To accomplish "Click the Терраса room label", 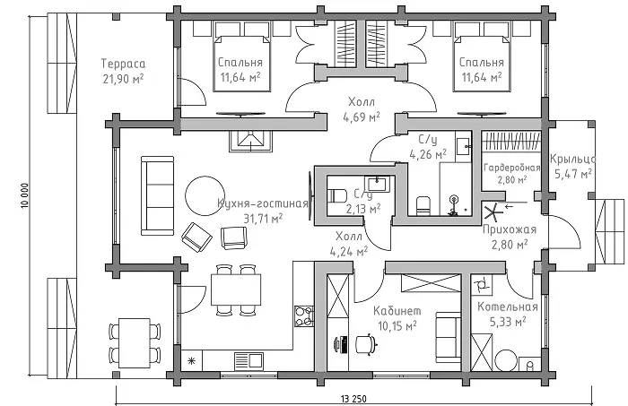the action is point(123,64).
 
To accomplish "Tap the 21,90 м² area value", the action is point(123,79).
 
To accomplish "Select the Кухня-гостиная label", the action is point(263,203).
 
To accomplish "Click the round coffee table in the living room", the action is point(205,195).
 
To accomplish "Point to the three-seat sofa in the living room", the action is point(157,195).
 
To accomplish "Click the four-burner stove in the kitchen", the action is point(304,316).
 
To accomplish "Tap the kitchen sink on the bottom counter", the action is point(249,360).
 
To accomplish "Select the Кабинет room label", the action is point(397,311).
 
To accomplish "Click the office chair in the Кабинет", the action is point(365,344).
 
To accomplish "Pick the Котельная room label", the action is point(508,307).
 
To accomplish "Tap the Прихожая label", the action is point(509,229).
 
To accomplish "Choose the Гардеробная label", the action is point(512,168).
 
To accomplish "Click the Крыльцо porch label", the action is point(572,160).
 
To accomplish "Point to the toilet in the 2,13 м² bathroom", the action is point(336,196).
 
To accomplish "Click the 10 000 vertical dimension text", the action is point(25,196).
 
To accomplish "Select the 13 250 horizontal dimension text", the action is point(353,399).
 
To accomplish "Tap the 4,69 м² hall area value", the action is point(362,117).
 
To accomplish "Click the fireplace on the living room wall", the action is point(250,141).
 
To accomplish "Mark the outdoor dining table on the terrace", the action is point(135,342).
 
